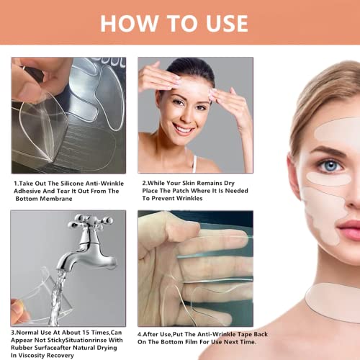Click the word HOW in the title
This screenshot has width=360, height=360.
coord(129,23)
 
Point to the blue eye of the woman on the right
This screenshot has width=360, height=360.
coord(331,165)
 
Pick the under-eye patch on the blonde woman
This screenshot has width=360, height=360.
coord(329,179)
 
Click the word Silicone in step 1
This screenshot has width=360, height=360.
coord(72,184)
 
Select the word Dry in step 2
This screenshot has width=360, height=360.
coord(229,183)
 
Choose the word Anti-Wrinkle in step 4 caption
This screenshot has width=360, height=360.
coord(212,334)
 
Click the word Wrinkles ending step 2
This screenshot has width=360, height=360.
coord(189,199)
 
